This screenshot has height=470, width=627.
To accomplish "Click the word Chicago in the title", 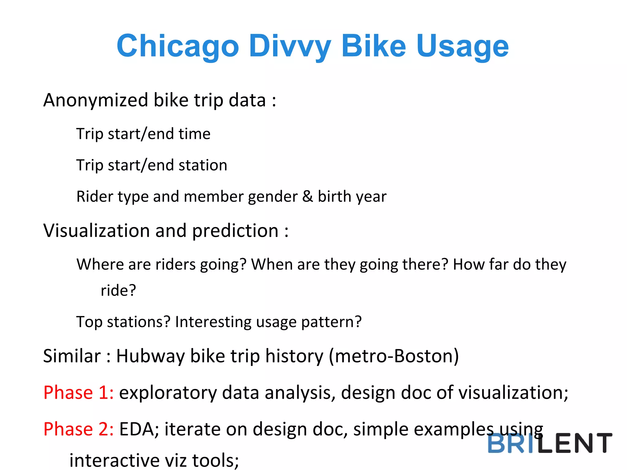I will pos(178,47).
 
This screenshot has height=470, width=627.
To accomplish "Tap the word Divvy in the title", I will pos(290,47).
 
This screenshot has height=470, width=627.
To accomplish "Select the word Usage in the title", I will pos(462,47).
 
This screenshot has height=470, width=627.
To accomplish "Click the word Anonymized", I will pos(96,100).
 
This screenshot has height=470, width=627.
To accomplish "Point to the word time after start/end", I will pos(194,134).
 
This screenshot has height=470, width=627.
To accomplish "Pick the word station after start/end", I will pos(203,165).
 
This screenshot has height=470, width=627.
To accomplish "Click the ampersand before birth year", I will pos(307,196).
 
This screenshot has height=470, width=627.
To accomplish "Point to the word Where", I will pos(100,264).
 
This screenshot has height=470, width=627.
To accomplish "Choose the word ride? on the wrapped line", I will pos(118,290).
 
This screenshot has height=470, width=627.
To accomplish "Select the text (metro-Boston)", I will pos(394,356).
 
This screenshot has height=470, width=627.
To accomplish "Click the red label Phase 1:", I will pos(78,393).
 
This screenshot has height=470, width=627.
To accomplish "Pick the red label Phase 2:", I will pos(78,429).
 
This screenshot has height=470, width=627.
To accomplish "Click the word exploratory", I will pos(168,393).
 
